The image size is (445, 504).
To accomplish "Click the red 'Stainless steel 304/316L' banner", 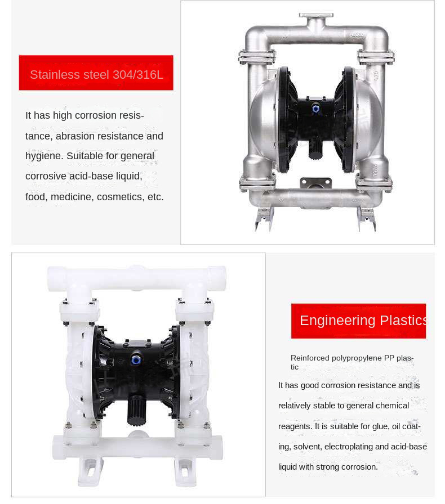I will click(x=96, y=73).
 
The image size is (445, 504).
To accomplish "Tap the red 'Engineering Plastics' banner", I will click(x=358, y=321).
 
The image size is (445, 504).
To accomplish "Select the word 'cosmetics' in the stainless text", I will click(x=119, y=197).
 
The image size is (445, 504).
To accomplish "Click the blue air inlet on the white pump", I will click(x=137, y=358).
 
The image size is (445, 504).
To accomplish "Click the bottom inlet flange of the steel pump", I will click(x=315, y=183).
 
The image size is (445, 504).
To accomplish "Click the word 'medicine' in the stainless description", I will click(x=73, y=197).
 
